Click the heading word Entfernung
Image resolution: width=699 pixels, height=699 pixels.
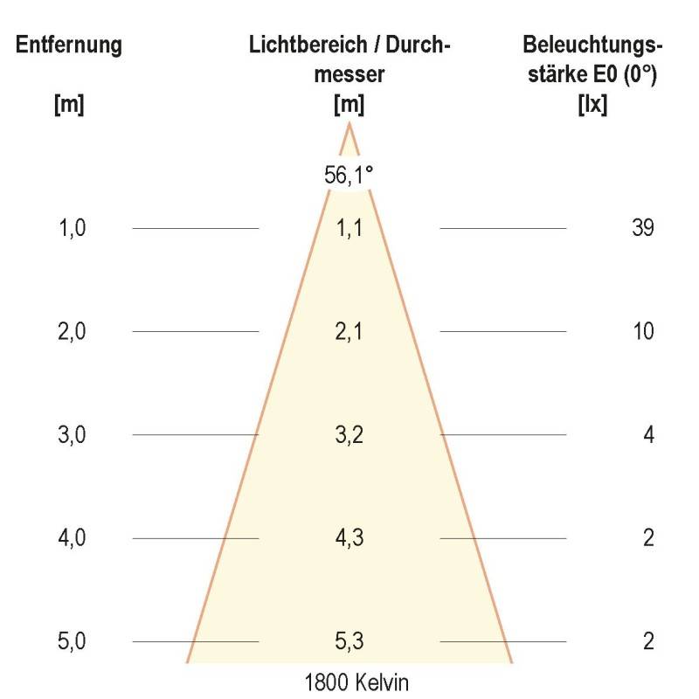[x=69, y=45]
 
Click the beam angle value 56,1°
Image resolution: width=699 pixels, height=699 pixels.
[x=349, y=175]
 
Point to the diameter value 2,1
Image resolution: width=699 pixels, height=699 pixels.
[x=349, y=331]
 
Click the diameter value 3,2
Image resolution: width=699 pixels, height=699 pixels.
[x=349, y=434]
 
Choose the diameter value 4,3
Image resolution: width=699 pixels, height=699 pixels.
[x=349, y=537]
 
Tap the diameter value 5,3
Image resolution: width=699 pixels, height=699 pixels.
[x=349, y=641]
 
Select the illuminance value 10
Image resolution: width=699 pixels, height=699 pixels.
[x=642, y=331]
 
